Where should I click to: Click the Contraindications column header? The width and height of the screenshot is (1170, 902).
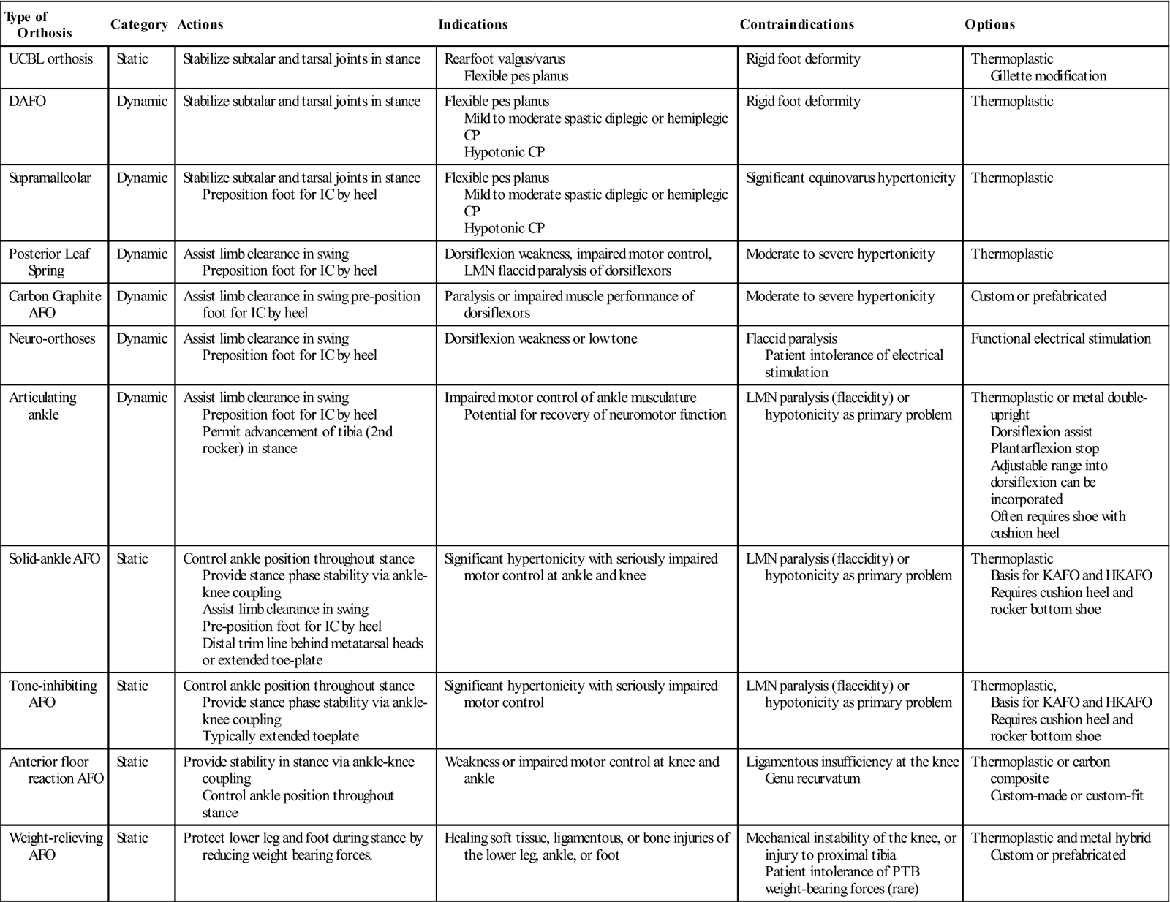coord(796,24)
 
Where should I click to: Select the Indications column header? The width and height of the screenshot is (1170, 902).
coord(472,24)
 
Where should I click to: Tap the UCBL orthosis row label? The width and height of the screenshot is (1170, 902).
coord(50,59)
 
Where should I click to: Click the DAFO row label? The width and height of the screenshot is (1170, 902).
coord(27,102)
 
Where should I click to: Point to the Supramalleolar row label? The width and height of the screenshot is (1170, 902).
coord(50,178)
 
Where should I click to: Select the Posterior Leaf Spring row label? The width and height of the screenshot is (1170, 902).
coord(50,262)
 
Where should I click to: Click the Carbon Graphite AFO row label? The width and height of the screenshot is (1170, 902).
coord(54,304)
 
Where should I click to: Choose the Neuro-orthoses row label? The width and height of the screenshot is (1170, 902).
coord(52,338)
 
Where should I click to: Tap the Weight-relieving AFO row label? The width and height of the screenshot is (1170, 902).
coord(56,846)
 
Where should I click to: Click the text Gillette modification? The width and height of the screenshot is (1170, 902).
coord(1048,76)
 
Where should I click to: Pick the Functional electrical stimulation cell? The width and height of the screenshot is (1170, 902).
coord(1060,338)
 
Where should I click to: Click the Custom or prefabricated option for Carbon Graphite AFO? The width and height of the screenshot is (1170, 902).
coord(1038,296)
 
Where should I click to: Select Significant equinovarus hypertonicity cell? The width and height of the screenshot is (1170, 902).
coord(850,178)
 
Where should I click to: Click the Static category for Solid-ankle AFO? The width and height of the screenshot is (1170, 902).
coord(132,558)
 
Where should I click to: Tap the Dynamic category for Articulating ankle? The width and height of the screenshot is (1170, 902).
coord(142,398)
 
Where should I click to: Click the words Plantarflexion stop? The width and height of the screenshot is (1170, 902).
coord(1044,448)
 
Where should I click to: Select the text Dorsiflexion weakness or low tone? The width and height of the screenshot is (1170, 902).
coord(540,338)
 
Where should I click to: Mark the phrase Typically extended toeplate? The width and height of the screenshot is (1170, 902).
coord(280,736)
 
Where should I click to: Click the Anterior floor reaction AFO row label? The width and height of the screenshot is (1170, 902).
coord(56,770)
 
